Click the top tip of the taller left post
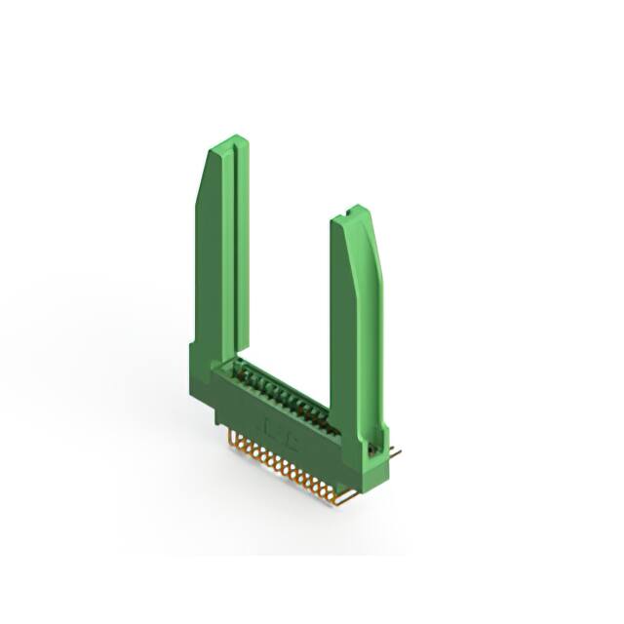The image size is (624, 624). pyautogui.click(x=228, y=140)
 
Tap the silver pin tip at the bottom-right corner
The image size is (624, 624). pyautogui.click(x=341, y=500)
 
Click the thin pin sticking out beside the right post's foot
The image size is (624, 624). pyautogui.click(x=392, y=450)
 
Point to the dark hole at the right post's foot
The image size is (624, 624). pyautogui.click(x=371, y=448)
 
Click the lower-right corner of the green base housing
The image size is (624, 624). pyautogui.click(x=386, y=478)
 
